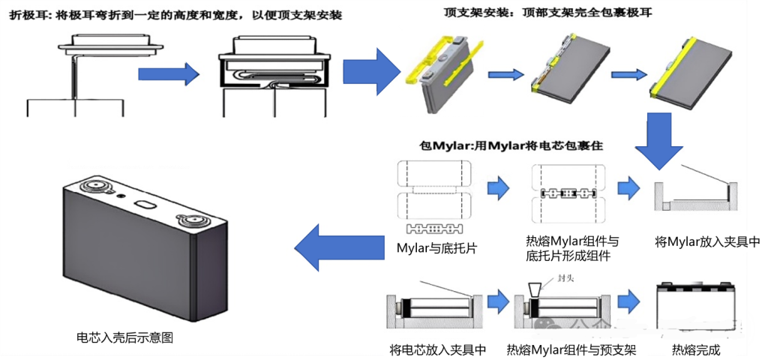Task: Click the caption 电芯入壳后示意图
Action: pyautogui.click(x=125, y=337)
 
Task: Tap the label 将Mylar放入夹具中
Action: pyautogui.click(x=707, y=242)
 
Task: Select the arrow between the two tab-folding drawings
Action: pyautogui.click(x=168, y=73)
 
